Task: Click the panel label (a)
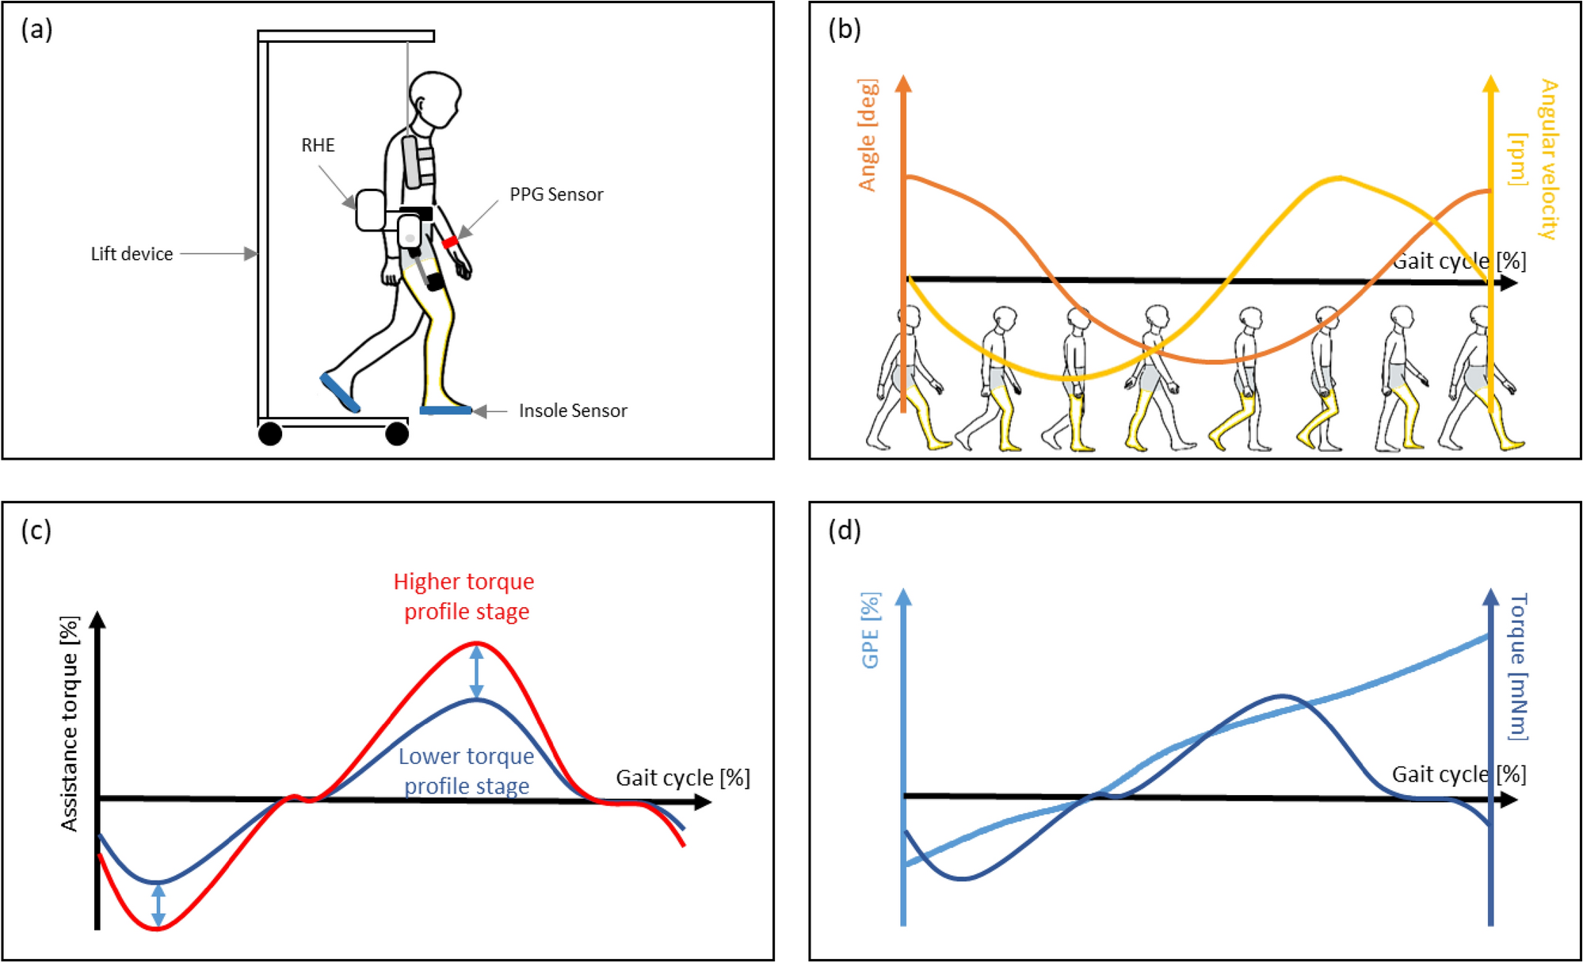tap(36, 29)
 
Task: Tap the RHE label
tap(318, 145)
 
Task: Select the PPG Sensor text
tap(556, 194)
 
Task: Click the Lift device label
tap(132, 254)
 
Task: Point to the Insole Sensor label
tap(573, 411)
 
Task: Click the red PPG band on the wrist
tap(450, 241)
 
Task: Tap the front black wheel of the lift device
tap(397, 434)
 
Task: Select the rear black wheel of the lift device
tap(270, 434)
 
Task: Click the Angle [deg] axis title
tap(868, 135)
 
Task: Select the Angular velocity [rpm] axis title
tap(1534, 159)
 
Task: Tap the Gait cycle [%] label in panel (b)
tap(1459, 261)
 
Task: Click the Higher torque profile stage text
tap(465, 596)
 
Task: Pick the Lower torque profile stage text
tap(466, 770)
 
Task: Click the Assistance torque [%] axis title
tap(70, 723)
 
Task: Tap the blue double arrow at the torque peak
tap(476, 671)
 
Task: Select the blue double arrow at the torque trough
tap(158, 905)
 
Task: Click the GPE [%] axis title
tap(870, 630)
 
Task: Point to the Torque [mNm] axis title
tap(1517, 666)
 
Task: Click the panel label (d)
tap(845, 529)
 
